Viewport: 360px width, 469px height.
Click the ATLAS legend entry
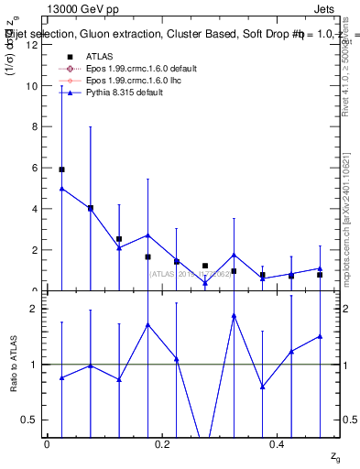[101, 56]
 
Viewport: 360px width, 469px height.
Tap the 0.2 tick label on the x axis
[162, 443]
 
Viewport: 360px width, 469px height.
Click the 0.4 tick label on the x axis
[278, 443]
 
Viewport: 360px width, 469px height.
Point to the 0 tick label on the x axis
[47, 443]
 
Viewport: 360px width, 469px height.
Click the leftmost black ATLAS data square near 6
[61, 169]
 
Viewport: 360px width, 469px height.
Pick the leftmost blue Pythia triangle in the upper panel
[61, 188]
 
